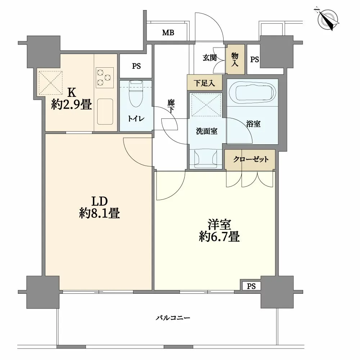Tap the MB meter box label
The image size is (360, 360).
tap(168, 33)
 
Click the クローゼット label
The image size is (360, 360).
tap(251, 159)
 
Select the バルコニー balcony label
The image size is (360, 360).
tap(173, 318)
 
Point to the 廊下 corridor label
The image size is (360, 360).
tap(171, 106)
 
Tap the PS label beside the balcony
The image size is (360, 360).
tap(251, 286)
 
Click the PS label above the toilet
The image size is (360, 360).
tap(136, 66)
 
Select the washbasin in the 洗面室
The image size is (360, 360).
tap(206, 158)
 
